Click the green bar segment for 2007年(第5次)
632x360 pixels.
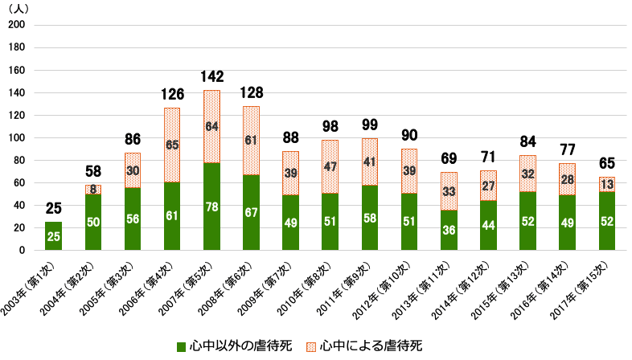point(211,206)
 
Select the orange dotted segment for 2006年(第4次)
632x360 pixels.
point(171,145)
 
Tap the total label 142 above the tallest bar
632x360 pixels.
point(211,77)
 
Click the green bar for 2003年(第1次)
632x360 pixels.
point(53,235)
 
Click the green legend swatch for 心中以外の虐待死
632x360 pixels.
point(182,346)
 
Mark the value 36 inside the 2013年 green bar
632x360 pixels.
point(448,229)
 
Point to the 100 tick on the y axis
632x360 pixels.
point(16,137)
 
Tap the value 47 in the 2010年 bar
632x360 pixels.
point(330,166)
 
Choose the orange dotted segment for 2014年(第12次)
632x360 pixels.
point(487,185)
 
